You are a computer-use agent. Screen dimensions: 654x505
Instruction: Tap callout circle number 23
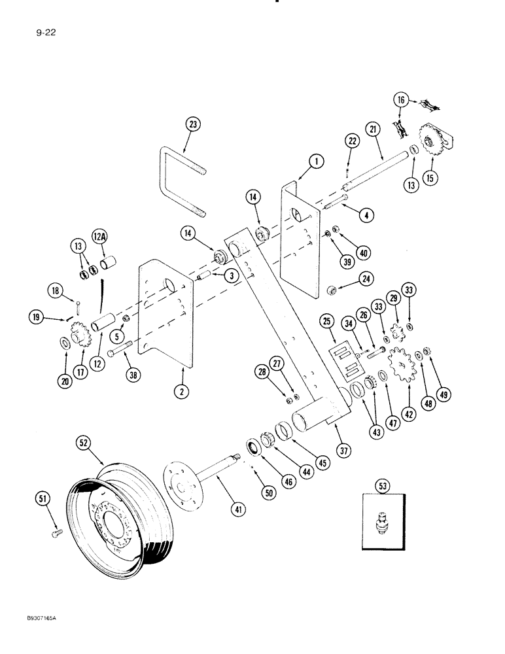coord(194,124)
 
